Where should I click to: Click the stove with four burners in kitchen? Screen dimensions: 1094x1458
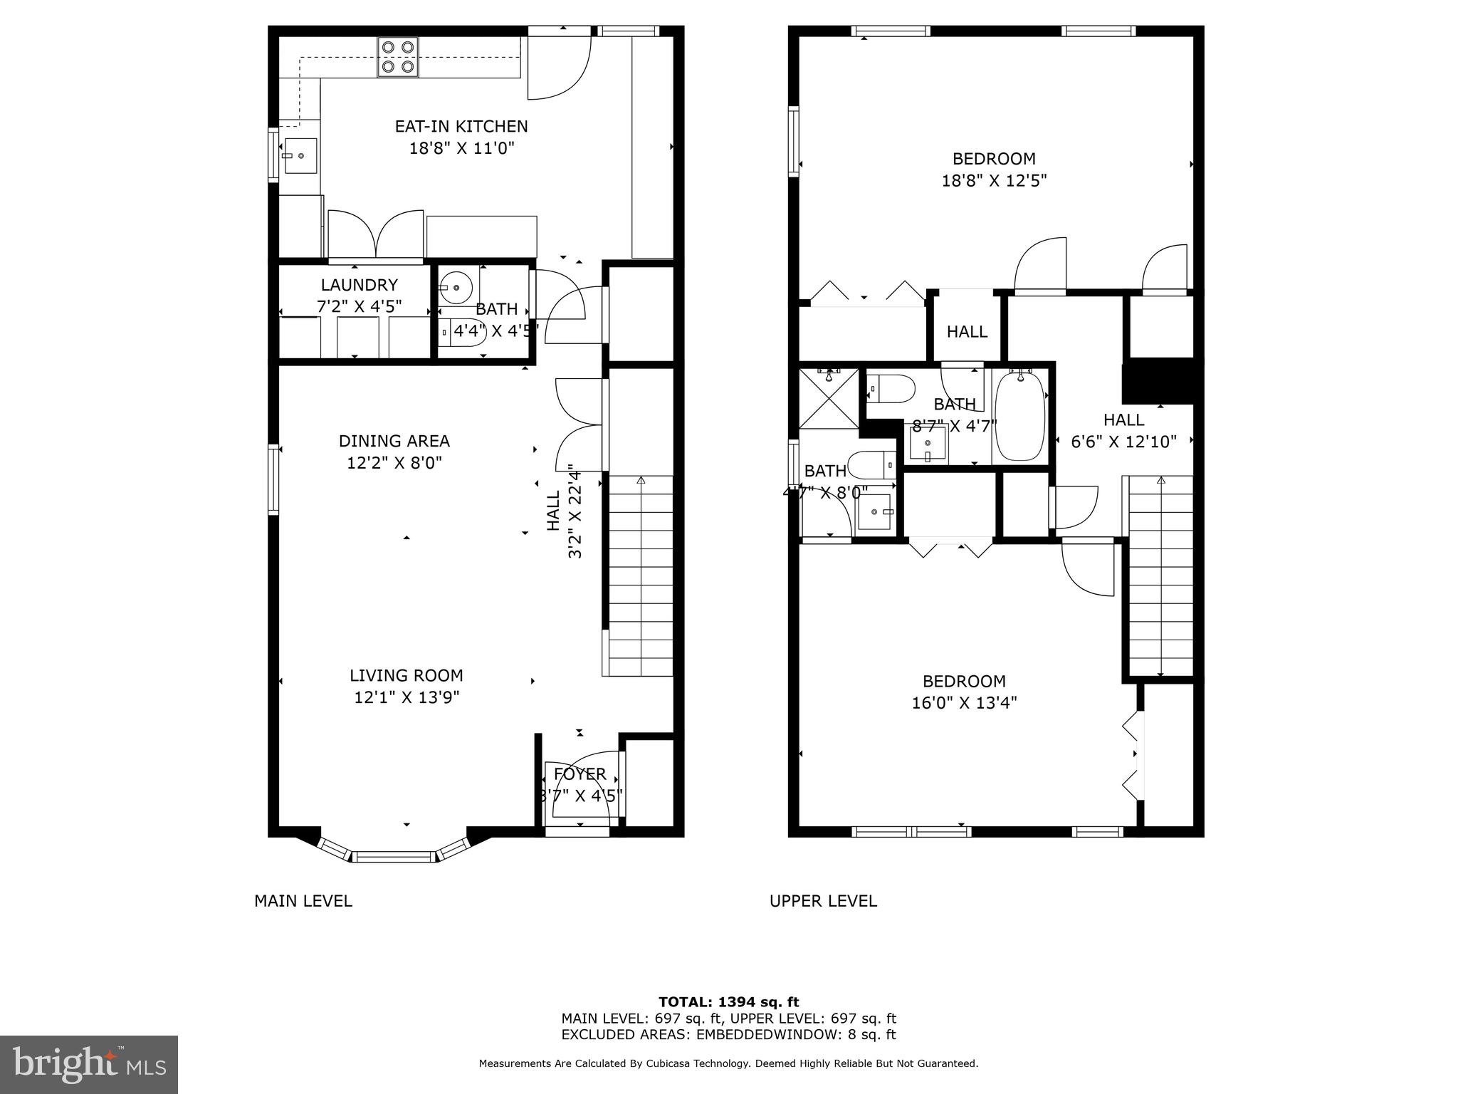[398, 57]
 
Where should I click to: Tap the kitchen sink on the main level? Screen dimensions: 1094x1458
[300, 156]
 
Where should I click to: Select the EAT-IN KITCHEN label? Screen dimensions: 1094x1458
[461, 127]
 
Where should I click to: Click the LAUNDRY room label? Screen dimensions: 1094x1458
[359, 285]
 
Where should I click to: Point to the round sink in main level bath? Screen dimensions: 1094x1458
[455, 288]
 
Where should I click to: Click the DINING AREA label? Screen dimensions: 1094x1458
[394, 441]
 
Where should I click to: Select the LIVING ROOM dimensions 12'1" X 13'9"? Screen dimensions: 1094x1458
[407, 697]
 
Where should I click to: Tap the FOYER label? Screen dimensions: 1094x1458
[579, 774]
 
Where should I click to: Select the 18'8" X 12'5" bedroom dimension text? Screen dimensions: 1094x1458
[994, 181]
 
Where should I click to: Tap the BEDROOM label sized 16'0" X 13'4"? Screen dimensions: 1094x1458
[964, 681]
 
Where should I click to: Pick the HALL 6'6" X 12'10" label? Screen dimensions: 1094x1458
[1123, 430]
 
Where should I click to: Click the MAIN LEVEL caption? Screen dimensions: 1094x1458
[303, 901]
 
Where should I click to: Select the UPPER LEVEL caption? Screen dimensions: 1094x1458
[823, 901]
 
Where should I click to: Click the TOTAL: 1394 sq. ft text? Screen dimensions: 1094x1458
[728, 1002]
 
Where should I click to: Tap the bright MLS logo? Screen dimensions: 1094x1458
[88, 1064]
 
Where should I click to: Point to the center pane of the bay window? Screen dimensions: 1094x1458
[394, 856]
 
